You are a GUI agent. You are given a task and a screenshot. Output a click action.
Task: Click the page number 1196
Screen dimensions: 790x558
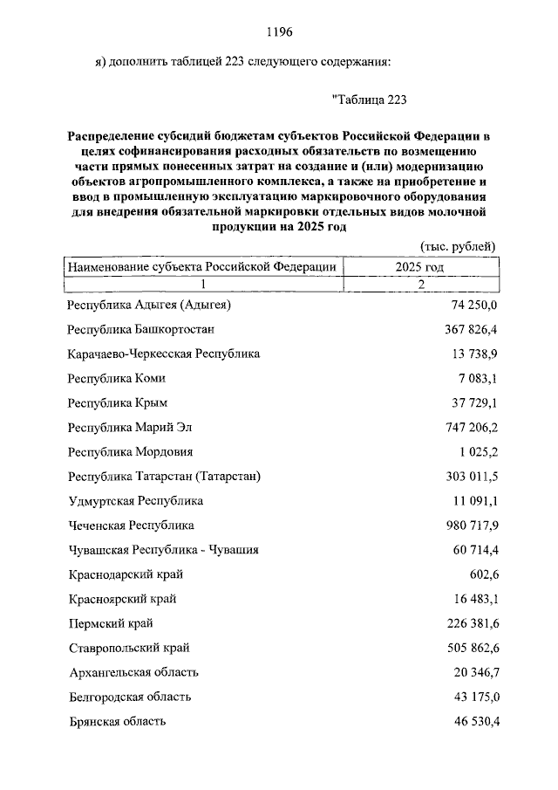click(x=278, y=32)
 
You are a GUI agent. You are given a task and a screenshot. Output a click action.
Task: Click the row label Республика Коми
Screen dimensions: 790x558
click(x=116, y=378)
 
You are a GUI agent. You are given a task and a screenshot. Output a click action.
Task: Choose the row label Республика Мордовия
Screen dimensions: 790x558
click(x=130, y=452)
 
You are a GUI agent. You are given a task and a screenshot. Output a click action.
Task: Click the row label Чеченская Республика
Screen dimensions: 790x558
click(x=131, y=526)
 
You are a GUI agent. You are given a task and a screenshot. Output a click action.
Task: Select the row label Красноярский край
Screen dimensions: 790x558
click(x=122, y=599)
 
